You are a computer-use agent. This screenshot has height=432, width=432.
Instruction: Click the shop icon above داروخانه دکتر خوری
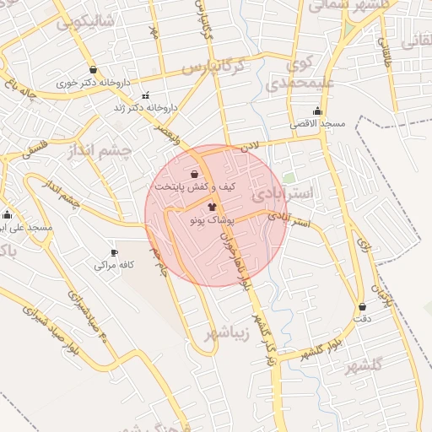pos(92,70)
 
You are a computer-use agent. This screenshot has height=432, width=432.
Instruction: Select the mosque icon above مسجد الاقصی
pos(317,111)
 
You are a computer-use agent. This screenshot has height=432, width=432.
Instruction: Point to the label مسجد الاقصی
pos(319,123)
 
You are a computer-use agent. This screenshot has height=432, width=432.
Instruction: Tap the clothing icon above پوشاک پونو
pos(212,205)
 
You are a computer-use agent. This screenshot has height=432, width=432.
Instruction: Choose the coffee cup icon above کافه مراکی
pos(115,252)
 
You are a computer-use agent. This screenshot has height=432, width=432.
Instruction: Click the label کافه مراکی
pos(116,265)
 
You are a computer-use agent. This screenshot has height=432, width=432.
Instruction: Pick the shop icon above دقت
pos(362,306)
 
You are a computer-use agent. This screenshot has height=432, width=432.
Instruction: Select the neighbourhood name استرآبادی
pos(282,195)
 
